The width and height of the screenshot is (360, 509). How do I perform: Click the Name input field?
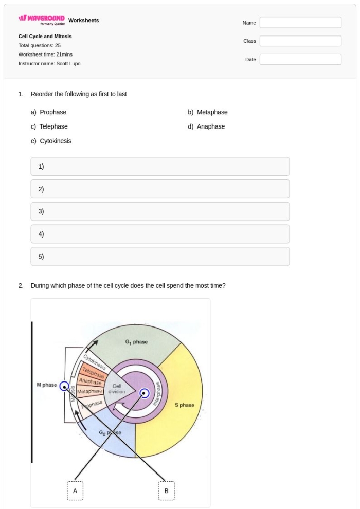click(x=300, y=23)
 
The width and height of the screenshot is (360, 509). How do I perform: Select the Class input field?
click(x=300, y=41)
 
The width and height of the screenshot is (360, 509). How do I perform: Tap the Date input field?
click(x=300, y=60)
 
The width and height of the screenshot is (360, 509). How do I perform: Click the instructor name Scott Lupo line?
click(x=49, y=63)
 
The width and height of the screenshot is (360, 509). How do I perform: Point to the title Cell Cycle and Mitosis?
click(x=45, y=37)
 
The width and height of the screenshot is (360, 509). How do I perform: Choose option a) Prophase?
click(x=49, y=112)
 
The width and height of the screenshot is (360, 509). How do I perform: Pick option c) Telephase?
click(x=49, y=126)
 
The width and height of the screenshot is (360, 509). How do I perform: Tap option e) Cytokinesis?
click(x=51, y=141)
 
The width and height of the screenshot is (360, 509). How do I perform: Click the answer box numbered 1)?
click(x=160, y=167)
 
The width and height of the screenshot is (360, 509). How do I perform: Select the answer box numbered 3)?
click(x=160, y=211)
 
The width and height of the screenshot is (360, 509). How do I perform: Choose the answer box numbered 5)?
click(x=160, y=257)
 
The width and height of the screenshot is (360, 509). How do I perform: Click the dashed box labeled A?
click(x=75, y=491)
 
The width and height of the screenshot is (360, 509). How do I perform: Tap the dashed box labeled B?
click(x=166, y=491)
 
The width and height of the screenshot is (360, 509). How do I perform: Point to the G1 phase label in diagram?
click(x=136, y=342)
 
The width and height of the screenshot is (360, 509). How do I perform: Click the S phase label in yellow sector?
click(x=184, y=405)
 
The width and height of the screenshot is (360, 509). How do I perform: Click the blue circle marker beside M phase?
click(x=64, y=386)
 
